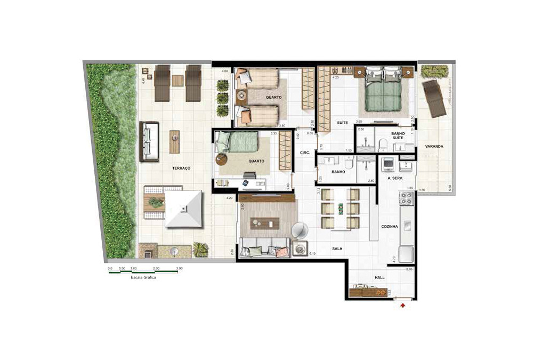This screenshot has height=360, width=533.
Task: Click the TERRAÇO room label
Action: (x=181, y=168)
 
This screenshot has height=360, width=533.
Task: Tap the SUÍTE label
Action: (x=342, y=123)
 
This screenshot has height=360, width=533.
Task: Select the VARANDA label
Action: (x=434, y=146)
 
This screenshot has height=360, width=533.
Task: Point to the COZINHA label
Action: (x=390, y=226)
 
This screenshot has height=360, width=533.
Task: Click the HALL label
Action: (x=379, y=278)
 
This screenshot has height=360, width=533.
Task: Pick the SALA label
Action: (x=337, y=249)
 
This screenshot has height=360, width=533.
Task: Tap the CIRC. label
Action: (x=305, y=153)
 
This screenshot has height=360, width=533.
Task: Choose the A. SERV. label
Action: (x=395, y=179)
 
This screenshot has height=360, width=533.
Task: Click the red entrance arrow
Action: (x=403, y=306)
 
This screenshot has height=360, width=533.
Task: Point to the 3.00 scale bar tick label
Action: (x=179, y=268)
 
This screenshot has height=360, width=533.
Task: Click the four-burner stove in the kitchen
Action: (x=407, y=198)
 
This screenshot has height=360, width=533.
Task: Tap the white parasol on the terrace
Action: (x=184, y=209)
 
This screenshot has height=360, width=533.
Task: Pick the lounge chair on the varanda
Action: (x=434, y=99)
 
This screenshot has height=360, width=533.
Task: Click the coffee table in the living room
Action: (x=265, y=223)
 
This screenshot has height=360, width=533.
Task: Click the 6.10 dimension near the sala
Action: (x=312, y=254)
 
